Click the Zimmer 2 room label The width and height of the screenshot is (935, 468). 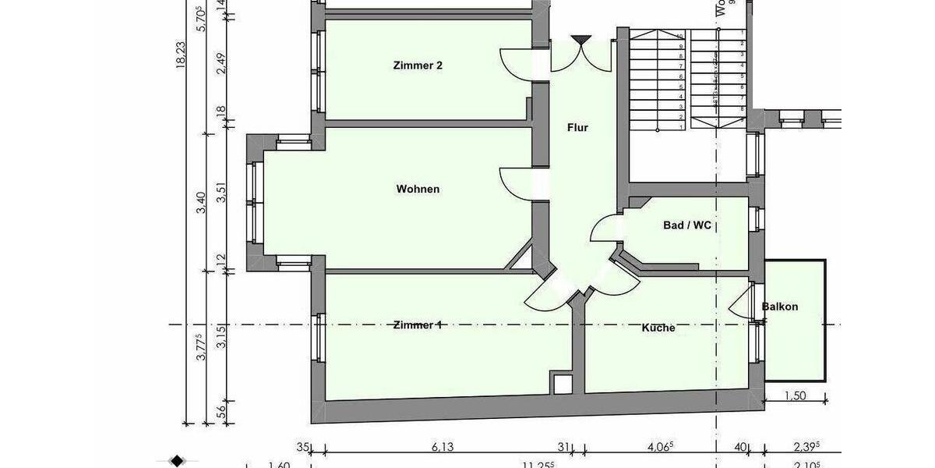tap(418, 66)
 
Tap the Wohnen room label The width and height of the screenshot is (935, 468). tap(418, 189)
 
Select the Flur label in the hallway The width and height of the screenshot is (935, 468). tap(577, 128)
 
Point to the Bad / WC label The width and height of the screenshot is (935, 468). tap(686, 225)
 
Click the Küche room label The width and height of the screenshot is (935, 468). tap(658, 328)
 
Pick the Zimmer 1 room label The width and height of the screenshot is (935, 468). tap(418, 325)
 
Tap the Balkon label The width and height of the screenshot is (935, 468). tap(780, 307)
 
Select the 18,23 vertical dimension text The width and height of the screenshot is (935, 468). tap(182, 56)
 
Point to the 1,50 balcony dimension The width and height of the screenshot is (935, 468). tap(794, 395)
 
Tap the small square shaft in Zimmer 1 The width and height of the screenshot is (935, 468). tap(561, 382)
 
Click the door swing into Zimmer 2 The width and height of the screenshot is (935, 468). tap(513, 62)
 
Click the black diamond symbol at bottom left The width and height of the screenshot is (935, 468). tap(177, 460)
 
